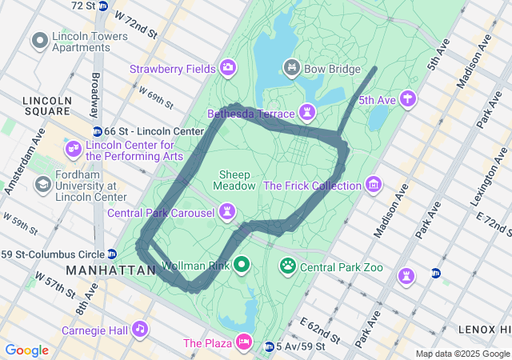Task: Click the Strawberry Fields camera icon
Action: [228, 69]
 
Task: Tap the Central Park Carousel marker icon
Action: [229, 212]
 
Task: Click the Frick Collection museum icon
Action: [372, 186]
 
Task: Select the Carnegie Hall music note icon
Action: [140, 329]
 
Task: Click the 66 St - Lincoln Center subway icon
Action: [97, 131]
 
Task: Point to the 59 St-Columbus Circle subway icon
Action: [113, 254]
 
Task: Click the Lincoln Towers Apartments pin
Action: [39, 40]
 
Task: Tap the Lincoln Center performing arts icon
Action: [74, 149]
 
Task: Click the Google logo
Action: [26, 350]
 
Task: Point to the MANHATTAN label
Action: [111, 270]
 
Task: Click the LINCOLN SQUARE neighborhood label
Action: [47, 106]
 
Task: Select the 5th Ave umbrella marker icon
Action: [409, 99]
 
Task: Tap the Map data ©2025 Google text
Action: [462, 354]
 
